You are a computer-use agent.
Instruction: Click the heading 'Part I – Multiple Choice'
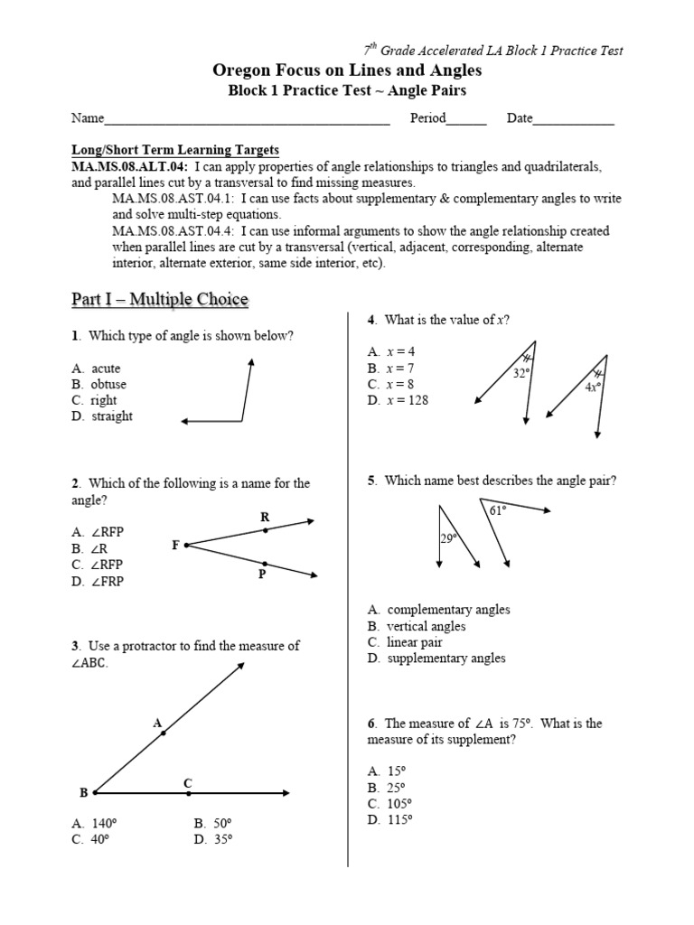pos(159,299)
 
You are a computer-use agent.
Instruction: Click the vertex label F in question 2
pos(175,546)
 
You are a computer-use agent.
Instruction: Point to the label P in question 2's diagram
pos(261,575)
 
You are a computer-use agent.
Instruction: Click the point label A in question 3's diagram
pos(156,723)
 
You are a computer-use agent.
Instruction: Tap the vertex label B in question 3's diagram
pos(83,793)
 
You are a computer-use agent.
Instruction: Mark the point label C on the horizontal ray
pos(188,782)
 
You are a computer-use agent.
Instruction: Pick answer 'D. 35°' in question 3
pos(213,839)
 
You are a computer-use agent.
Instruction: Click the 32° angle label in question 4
pos(520,371)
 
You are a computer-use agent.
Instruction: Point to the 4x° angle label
pos(592,387)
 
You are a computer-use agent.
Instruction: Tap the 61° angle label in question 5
pos(498,510)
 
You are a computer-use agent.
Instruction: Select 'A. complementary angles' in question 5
pos(438,610)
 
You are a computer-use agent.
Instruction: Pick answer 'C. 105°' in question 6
pos(389,803)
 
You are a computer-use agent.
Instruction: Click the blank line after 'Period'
pos(466,118)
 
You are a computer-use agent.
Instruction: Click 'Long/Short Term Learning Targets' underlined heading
pos(175,150)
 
